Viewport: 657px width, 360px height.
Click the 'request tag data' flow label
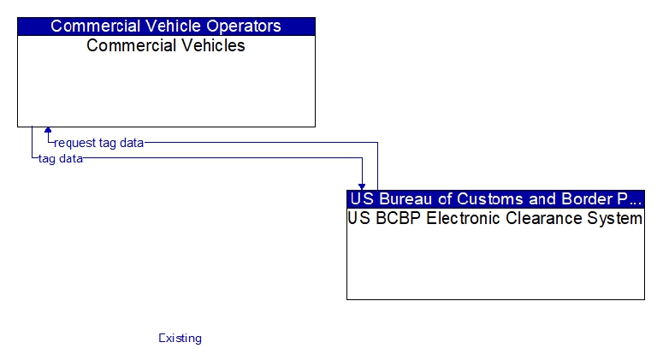[x=99, y=143]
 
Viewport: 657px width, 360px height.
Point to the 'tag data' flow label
[x=61, y=159]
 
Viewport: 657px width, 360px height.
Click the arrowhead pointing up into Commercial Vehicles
[x=48, y=130]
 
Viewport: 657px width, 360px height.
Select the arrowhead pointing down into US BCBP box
[x=362, y=186]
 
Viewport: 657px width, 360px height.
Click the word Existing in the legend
[x=181, y=338]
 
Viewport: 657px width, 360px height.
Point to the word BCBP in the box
[x=398, y=219]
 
